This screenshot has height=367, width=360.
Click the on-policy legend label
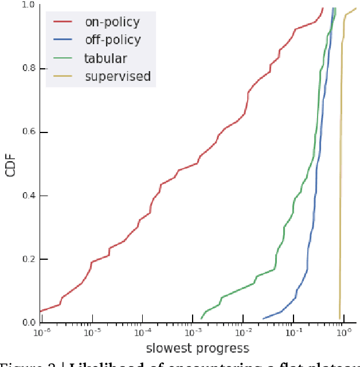click(x=112, y=22)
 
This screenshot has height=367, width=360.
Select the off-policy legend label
click(x=112, y=40)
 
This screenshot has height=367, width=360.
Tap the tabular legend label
click(x=105, y=58)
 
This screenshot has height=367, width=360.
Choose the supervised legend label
click(x=118, y=76)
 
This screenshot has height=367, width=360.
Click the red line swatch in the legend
click(x=62, y=22)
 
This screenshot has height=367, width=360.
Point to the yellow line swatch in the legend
click(x=62, y=76)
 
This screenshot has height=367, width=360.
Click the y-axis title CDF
click(x=10, y=163)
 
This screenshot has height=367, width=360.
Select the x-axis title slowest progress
click(x=197, y=348)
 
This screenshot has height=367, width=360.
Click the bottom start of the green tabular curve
click(x=201, y=318)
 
